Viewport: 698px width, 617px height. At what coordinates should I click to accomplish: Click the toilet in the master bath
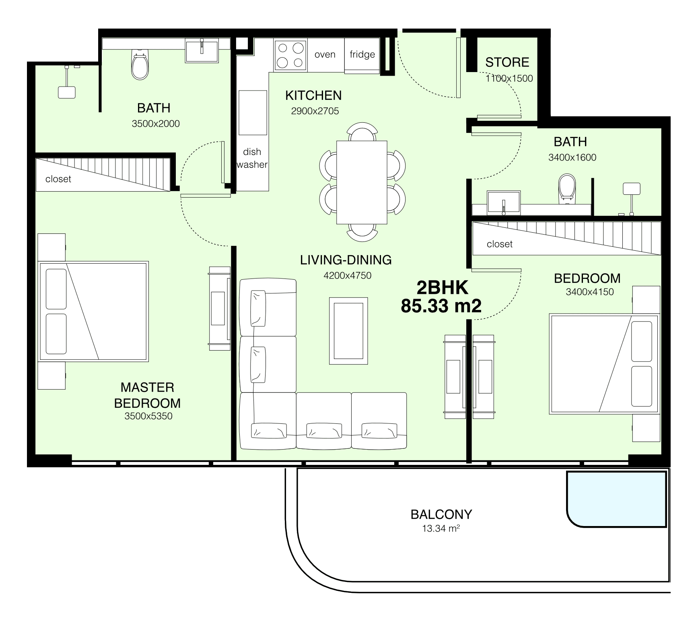click(x=140, y=64)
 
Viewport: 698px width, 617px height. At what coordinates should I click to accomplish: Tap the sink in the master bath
click(x=202, y=50)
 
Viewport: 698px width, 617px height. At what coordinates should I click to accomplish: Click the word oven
click(x=325, y=55)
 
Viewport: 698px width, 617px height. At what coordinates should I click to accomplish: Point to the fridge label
click(x=362, y=54)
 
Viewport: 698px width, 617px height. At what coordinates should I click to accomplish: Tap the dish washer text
click(x=252, y=158)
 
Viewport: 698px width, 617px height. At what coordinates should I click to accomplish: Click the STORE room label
click(x=507, y=62)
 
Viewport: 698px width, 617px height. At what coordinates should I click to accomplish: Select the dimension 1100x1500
click(x=509, y=78)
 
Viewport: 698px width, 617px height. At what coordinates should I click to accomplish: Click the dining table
click(x=362, y=182)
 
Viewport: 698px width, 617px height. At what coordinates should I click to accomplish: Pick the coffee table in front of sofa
click(x=348, y=331)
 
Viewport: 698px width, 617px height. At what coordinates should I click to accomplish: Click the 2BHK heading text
click(x=442, y=288)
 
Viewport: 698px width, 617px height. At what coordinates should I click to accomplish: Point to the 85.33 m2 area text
click(x=441, y=306)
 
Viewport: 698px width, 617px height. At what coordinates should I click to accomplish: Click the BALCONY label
click(x=441, y=514)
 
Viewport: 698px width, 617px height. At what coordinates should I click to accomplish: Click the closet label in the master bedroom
click(x=58, y=179)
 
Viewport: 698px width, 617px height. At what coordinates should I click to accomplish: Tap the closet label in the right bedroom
click(x=500, y=244)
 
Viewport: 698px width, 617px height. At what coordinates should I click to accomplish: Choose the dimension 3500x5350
click(x=148, y=416)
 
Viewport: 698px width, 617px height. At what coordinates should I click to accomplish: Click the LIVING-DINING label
click(x=346, y=260)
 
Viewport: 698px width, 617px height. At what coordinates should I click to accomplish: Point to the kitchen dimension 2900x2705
click(x=315, y=111)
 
